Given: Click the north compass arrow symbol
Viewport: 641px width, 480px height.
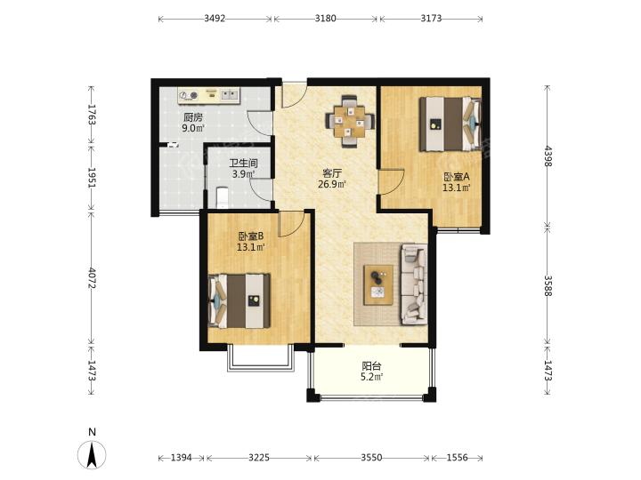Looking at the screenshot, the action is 92,454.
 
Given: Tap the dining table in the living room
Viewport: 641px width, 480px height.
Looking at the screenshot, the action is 349,121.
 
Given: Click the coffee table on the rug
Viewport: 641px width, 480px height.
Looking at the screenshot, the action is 378,284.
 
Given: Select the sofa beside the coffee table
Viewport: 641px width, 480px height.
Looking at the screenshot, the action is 414,284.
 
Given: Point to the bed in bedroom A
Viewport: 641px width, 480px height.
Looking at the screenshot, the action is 450,124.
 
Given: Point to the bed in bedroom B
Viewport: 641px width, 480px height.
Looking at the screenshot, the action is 239,300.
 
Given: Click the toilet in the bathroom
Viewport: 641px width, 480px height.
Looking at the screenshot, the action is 222,197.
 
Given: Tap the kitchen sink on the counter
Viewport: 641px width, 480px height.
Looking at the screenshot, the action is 231,95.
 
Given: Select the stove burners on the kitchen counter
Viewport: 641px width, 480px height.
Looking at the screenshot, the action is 190,95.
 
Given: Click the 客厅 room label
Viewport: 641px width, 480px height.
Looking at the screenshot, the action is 332,173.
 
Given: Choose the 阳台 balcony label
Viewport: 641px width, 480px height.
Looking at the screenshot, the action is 371,366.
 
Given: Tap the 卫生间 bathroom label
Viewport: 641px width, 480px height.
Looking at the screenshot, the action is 243,164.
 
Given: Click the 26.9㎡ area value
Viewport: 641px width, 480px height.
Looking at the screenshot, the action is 332,184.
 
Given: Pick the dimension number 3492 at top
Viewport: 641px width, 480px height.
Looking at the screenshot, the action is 215,18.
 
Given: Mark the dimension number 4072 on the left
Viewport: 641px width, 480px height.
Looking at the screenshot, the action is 92,278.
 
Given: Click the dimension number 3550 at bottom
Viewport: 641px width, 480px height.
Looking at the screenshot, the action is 371,458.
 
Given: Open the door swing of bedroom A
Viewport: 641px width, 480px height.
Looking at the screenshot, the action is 391,181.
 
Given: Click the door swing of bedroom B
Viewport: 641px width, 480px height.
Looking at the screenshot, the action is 291,224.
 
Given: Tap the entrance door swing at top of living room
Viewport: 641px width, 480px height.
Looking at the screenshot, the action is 294,95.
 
